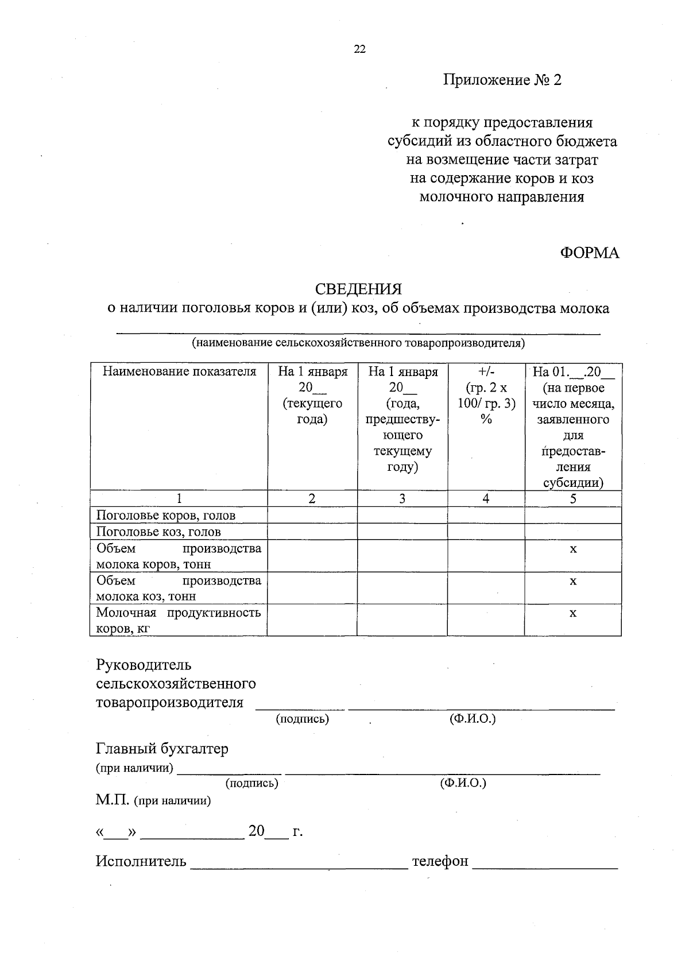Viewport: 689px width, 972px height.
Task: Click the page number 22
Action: click(359, 49)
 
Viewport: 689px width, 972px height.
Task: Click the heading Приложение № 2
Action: click(502, 80)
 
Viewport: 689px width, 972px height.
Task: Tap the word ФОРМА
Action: click(590, 253)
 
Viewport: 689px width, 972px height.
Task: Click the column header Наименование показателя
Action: click(179, 371)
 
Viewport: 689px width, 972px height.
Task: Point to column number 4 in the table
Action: click(486, 499)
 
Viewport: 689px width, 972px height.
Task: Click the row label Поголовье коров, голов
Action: click(166, 516)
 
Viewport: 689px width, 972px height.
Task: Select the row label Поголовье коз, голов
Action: click(158, 532)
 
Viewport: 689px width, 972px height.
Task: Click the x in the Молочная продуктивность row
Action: click(572, 613)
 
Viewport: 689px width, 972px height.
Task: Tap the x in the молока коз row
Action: click(572, 581)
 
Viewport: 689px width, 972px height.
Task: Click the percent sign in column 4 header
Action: click(486, 419)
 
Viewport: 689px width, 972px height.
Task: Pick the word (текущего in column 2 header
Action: click(312, 403)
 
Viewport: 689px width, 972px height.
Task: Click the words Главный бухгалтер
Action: click(162, 749)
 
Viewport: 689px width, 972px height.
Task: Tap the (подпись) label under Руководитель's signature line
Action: click(303, 719)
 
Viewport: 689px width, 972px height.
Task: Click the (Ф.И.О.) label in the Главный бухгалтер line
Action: click(463, 783)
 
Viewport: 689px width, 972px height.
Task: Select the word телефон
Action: click(440, 861)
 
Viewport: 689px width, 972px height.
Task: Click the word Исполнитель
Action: click(141, 861)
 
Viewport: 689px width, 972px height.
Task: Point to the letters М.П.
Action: click(113, 800)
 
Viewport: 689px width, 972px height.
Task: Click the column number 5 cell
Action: click(572, 499)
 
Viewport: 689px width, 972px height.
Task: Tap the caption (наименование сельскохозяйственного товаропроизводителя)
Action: click(358, 343)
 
